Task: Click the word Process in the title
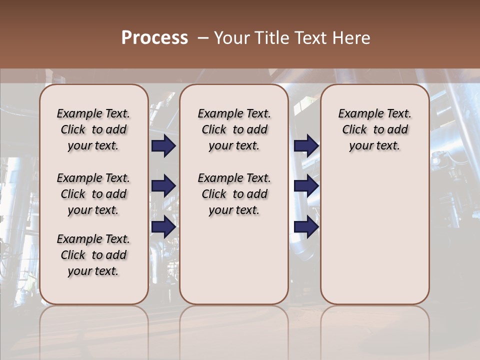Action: tap(154, 38)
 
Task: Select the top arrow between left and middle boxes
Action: tap(163, 146)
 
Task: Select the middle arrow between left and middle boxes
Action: tap(163, 186)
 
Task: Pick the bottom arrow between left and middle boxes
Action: tap(163, 227)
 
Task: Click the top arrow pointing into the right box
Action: tap(306, 146)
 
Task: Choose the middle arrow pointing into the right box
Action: tap(306, 186)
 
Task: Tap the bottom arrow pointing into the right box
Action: tap(306, 227)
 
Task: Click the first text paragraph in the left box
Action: tap(93, 129)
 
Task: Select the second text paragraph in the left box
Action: tap(93, 194)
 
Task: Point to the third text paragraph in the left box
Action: tap(93, 255)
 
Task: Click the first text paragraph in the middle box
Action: tap(234, 129)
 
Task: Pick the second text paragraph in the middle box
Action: tap(234, 194)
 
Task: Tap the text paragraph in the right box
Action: tap(374, 129)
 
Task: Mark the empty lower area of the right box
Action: tap(374, 235)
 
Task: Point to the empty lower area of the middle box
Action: tap(234, 260)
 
